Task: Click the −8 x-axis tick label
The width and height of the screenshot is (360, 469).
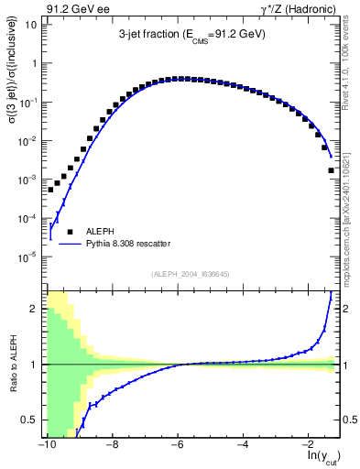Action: click(x=112, y=445)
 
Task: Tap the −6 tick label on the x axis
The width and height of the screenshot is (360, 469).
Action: click(x=178, y=445)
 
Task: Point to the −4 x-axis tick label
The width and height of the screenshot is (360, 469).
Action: click(x=243, y=445)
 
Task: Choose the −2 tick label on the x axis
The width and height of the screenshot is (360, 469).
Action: click(x=309, y=445)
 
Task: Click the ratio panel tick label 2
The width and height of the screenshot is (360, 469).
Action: click(x=34, y=309)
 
